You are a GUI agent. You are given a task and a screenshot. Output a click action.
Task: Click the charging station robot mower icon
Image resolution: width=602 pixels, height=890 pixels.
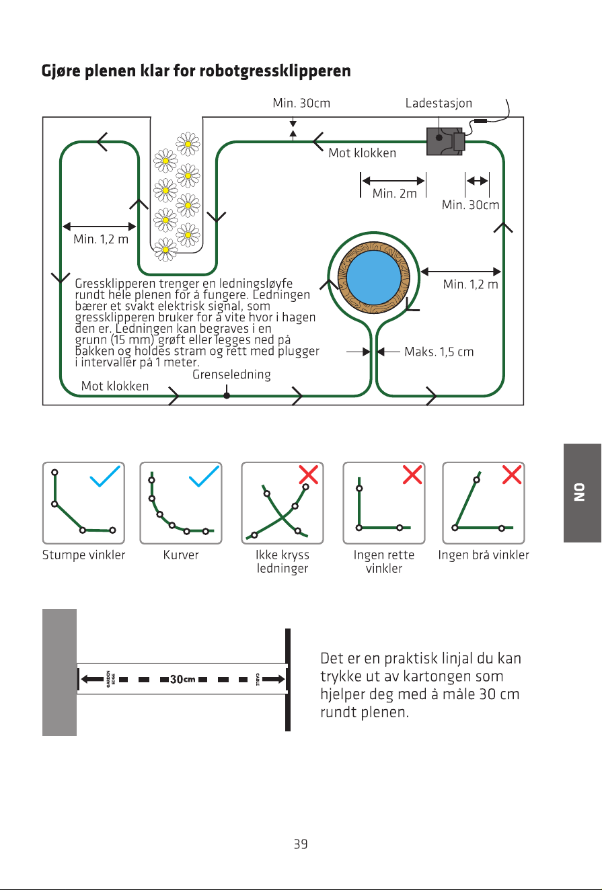pyautogui.click(x=445, y=141)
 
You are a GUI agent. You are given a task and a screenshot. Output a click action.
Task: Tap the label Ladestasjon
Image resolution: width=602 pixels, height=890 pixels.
pyautogui.click(x=439, y=104)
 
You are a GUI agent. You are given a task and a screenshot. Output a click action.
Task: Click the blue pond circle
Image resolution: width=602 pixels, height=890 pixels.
pyautogui.click(x=374, y=277)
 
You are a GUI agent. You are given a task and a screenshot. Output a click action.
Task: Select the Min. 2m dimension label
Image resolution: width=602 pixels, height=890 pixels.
pyautogui.click(x=394, y=194)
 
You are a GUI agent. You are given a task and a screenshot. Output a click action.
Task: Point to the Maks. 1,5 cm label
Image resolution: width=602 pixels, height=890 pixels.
pyautogui.click(x=439, y=352)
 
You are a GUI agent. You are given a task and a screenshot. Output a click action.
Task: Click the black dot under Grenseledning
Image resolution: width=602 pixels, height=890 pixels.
pyautogui.click(x=227, y=395)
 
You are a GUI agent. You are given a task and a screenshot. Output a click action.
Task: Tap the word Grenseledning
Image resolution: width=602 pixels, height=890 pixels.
pyautogui.click(x=231, y=374)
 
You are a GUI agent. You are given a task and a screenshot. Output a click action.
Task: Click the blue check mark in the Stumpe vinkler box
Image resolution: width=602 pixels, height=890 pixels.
pyautogui.click(x=105, y=476)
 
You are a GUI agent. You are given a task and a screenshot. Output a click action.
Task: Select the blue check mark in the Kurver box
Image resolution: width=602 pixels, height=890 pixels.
pyautogui.click(x=204, y=476)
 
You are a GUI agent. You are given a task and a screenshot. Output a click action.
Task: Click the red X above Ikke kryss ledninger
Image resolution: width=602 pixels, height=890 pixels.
pyautogui.click(x=309, y=475)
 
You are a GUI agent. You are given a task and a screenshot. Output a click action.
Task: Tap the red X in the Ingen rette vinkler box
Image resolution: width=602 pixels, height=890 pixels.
pyautogui.click(x=412, y=475)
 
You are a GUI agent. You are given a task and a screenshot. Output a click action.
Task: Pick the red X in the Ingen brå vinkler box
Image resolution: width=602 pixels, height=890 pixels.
pyautogui.click(x=512, y=475)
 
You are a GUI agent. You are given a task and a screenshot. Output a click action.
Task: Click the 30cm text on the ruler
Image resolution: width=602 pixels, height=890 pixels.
pyautogui.click(x=182, y=679)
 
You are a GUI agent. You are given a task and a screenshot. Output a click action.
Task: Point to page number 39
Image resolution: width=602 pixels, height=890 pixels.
pyautogui.click(x=301, y=844)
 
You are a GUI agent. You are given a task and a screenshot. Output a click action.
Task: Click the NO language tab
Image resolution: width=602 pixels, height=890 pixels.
pyautogui.click(x=582, y=493)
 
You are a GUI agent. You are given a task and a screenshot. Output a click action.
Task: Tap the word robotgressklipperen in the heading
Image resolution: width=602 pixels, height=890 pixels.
pyautogui.click(x=275, y=71)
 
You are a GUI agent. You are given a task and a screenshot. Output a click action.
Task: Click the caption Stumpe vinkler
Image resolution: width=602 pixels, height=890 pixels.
pyautogui.click(x=83, y=555)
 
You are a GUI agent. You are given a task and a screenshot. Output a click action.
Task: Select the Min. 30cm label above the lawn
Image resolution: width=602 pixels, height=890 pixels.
pyautogui.click(x=301, y=104)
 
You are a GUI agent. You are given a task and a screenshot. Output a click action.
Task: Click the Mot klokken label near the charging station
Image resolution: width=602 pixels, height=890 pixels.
pyautogui.click(x=363, y=153)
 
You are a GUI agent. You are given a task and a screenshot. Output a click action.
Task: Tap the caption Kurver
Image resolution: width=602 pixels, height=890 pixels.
pyautogui.click(x=181, y=555)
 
